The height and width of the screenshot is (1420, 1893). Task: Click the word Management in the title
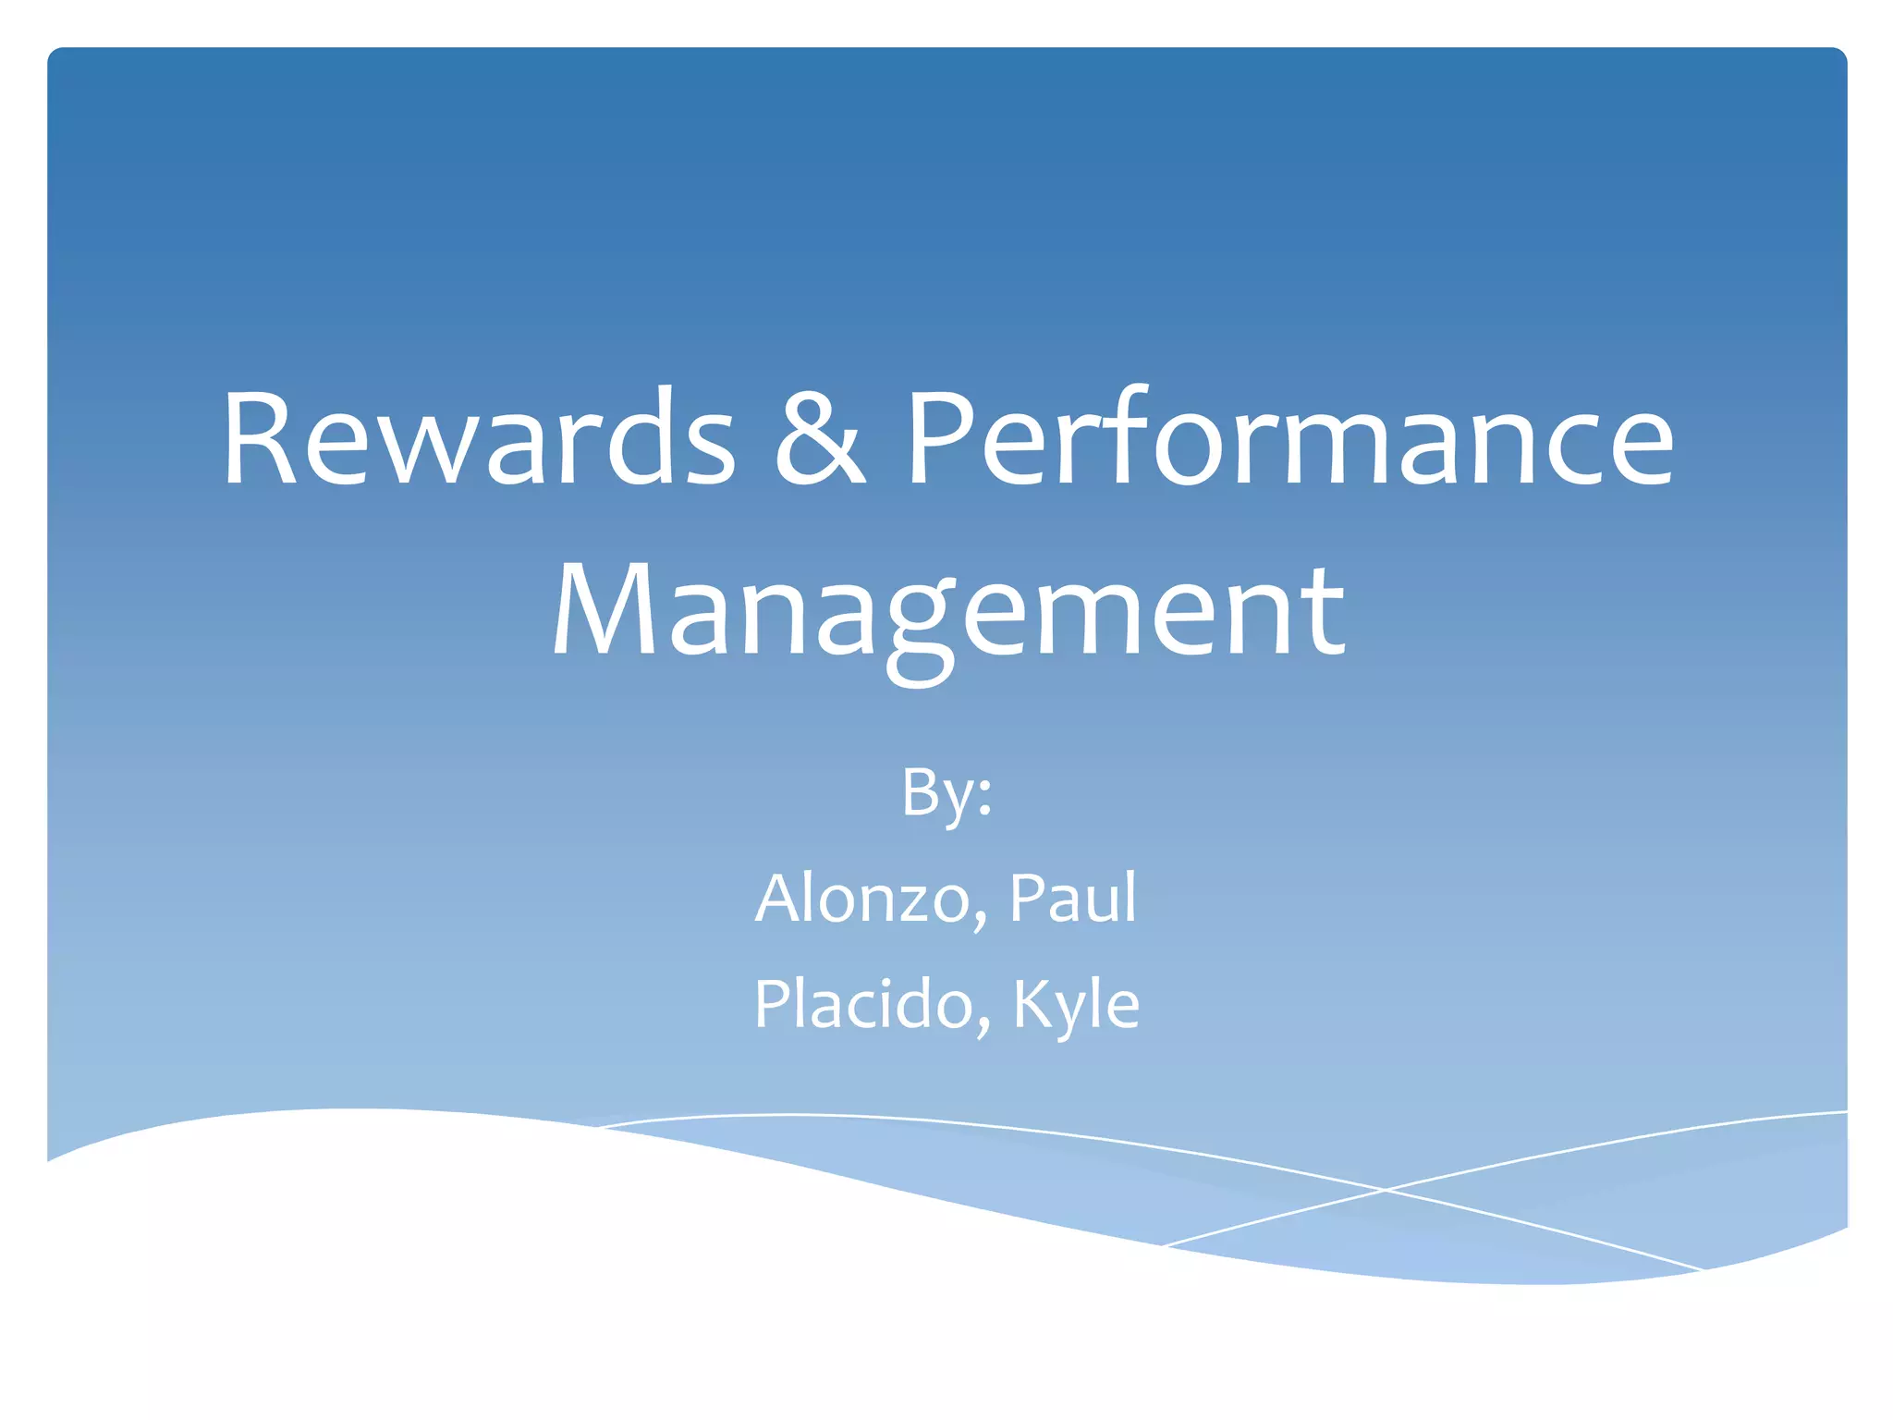(x=947, y=612)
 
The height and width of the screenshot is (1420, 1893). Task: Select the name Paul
(x=1072, y=898)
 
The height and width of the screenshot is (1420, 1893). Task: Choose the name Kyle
(x=1076, y=1004)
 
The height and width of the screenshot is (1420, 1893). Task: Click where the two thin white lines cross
(x=1385, y=1190)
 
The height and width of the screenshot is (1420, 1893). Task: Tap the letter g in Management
(x=920, y=629)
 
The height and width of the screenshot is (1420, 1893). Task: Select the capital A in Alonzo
(x=779, y=898)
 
